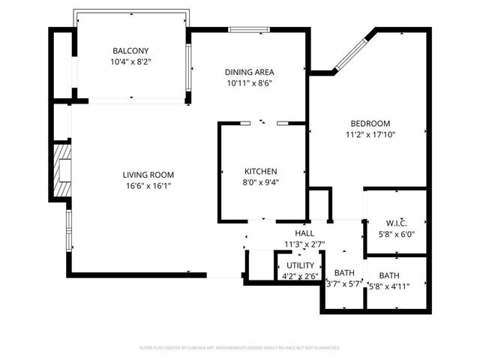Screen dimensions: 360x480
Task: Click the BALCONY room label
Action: click(130, 51)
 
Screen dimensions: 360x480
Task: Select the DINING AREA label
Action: click(249, 72)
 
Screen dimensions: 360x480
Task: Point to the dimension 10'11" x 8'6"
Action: click(249, 83)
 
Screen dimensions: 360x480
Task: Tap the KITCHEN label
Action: click(260, 171)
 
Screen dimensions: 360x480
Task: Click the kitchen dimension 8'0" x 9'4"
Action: click(260, 181)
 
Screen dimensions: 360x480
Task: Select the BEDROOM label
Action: click(370, 124)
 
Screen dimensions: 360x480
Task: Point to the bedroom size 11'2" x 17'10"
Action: click(370, 135)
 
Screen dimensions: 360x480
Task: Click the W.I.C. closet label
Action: click(396, 223)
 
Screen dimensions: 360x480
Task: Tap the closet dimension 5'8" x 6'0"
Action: click(396, 233)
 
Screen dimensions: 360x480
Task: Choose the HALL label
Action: click(304, 233)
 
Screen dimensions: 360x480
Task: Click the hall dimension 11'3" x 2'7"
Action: click(304, 244)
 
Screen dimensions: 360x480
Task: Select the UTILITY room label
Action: click(299, 265)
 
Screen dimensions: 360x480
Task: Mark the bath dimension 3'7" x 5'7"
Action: click(344, 283)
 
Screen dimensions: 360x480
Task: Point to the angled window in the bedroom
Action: click(349, 53)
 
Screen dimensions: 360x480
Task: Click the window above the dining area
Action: click(249, 30)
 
